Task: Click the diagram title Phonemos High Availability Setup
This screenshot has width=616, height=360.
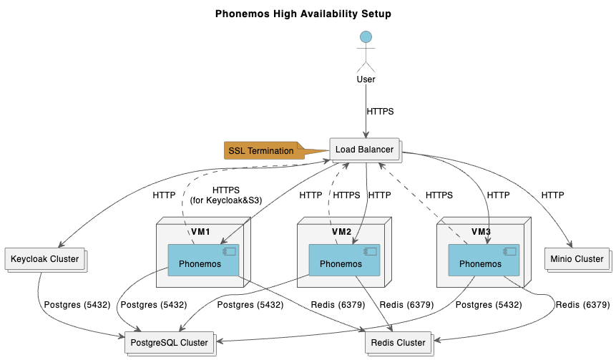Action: point(303,14)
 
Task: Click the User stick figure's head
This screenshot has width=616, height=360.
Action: point(366,37)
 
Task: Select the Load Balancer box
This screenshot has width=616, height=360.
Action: point(365,150)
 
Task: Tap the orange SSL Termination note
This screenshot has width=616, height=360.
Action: point(262,150)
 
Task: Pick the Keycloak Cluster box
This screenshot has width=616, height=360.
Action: point(44,259)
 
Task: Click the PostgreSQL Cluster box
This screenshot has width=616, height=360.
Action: point(170,343)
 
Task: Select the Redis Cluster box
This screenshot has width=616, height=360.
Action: point(398,343)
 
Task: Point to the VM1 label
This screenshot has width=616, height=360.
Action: point(200,232)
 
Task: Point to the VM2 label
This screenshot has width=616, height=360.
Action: point(341,232)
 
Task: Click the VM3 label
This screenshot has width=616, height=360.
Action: point(481,232)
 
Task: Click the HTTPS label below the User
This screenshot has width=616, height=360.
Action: point(380,112)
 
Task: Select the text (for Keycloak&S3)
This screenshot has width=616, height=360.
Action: point(225,200)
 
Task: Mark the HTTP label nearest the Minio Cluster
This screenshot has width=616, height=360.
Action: point(552,195)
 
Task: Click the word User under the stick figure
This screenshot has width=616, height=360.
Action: point(366,79)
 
